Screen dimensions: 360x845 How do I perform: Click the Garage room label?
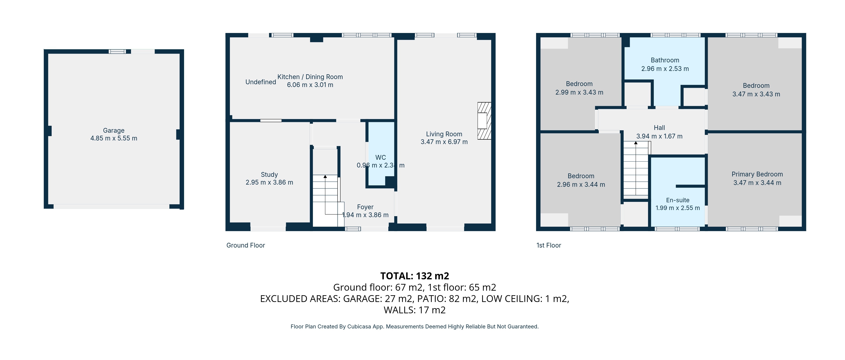tap(114, 130)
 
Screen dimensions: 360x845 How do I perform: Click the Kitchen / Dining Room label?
tap(310, 77)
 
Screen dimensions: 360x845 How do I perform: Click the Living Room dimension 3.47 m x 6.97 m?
tap(444, 142)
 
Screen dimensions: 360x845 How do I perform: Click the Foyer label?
tap(365, 207)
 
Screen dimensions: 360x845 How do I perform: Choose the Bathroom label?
tap(665, 60)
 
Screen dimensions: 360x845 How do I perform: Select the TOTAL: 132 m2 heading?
tap(414, 276)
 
